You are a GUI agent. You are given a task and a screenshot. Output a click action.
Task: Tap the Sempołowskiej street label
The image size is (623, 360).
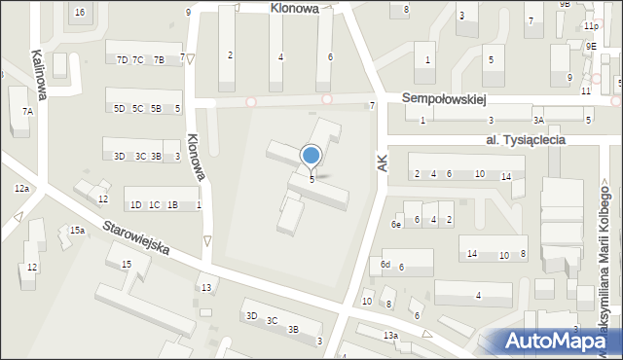(444, 99)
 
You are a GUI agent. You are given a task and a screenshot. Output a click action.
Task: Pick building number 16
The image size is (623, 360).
(79, 12)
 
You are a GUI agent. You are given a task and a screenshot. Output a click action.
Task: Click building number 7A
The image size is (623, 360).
(27, 111)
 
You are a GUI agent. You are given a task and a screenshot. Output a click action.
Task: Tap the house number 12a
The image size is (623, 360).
(21, 188)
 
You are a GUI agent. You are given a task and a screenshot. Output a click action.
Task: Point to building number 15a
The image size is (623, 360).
(77, 231)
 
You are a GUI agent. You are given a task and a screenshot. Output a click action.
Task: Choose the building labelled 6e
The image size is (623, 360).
(396, 225)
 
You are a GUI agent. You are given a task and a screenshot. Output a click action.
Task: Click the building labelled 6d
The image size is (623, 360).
(385, 265)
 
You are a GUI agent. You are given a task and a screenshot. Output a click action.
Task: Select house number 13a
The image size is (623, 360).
(390, 336)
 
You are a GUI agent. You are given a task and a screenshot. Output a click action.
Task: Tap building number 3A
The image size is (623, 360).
(538, 121)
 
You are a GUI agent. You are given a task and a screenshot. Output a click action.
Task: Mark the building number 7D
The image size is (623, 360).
(122, 60)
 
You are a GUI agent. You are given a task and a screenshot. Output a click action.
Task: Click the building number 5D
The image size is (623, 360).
(119, 109)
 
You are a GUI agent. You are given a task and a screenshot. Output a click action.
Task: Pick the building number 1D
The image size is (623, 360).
(135, 205)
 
